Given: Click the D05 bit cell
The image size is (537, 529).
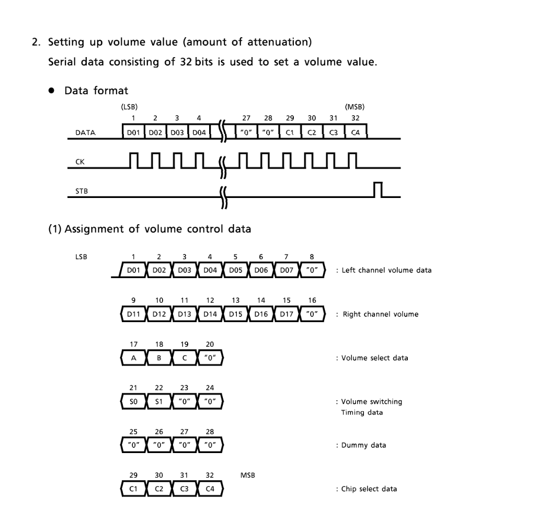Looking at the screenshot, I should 236,270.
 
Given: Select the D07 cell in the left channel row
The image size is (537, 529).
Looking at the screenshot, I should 287,270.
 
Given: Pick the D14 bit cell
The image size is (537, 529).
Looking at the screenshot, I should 210,314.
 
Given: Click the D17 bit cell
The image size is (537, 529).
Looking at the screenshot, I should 287,314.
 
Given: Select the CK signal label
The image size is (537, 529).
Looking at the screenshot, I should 80,162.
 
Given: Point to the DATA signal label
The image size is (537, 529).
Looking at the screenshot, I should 86,133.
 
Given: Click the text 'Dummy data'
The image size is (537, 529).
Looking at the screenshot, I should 364,445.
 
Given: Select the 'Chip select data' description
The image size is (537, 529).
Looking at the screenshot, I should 369,489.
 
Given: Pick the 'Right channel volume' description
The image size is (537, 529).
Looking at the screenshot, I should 380,314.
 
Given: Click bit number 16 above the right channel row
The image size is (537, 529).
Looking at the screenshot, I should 312,301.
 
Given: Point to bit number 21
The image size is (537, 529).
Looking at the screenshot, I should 134,388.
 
